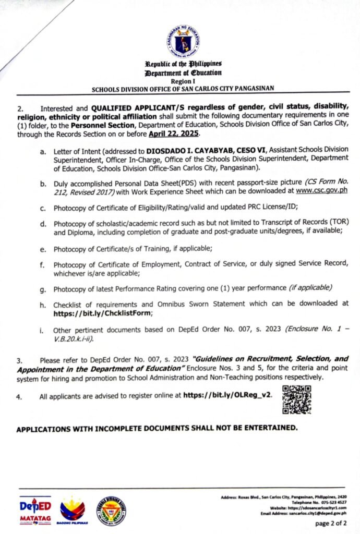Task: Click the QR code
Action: (x=296, y=399)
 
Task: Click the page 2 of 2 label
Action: (x=331, y=523)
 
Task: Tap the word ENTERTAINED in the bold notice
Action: (x=269, y=429)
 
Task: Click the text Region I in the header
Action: (x=180, y=82)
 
